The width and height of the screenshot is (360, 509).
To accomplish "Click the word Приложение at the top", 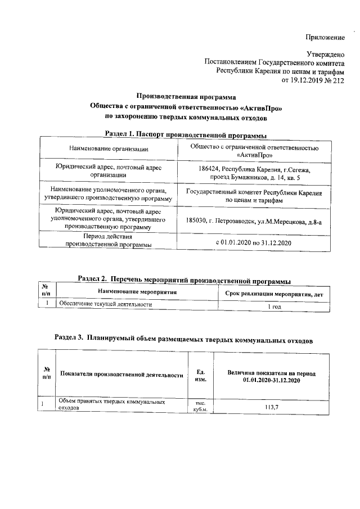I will [324, 37].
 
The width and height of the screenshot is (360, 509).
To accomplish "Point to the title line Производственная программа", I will [186, 97].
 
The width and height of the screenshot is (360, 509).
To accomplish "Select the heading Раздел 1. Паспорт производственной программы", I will [186, 134].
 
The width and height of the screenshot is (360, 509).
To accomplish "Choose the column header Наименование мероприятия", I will [137, 292].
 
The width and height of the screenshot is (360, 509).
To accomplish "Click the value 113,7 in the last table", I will [272, 407].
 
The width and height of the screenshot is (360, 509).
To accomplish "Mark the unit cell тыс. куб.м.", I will [200, 406].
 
